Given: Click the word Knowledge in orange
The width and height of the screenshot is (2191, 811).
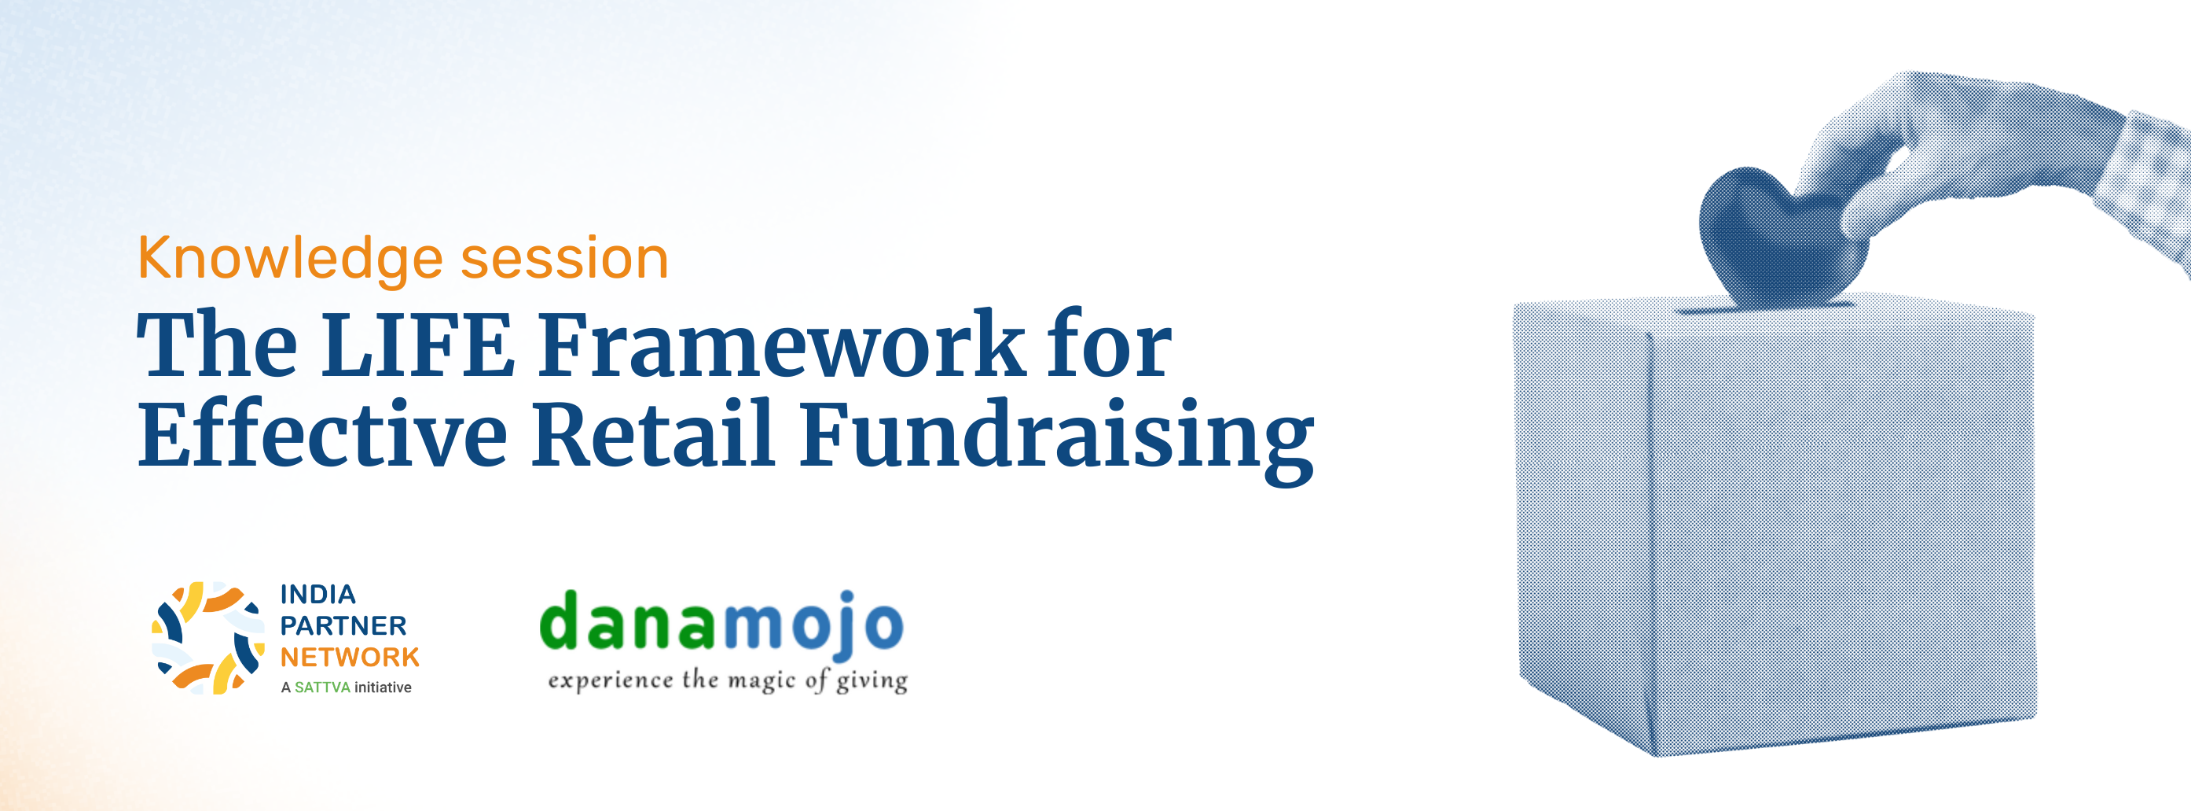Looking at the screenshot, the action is [290, 260].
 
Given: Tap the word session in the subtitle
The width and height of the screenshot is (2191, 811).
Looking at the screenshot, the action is [565, 259].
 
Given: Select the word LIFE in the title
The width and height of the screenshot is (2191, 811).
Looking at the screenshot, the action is [417, 345].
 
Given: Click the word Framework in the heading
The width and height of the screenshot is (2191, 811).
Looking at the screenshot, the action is [781, 345].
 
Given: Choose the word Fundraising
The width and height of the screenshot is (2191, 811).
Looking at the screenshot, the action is [1056, 441].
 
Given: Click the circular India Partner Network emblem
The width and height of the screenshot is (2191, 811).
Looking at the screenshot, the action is [207, 637].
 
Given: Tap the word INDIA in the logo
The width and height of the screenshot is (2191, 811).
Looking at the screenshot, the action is [318, 594].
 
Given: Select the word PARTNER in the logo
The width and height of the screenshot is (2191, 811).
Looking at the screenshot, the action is [343, 625].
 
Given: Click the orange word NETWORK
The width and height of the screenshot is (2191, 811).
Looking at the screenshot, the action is [350, 657].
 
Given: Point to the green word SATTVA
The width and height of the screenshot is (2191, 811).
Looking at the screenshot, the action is [322, 688].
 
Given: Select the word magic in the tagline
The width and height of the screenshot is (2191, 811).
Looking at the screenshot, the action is [762, 680].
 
